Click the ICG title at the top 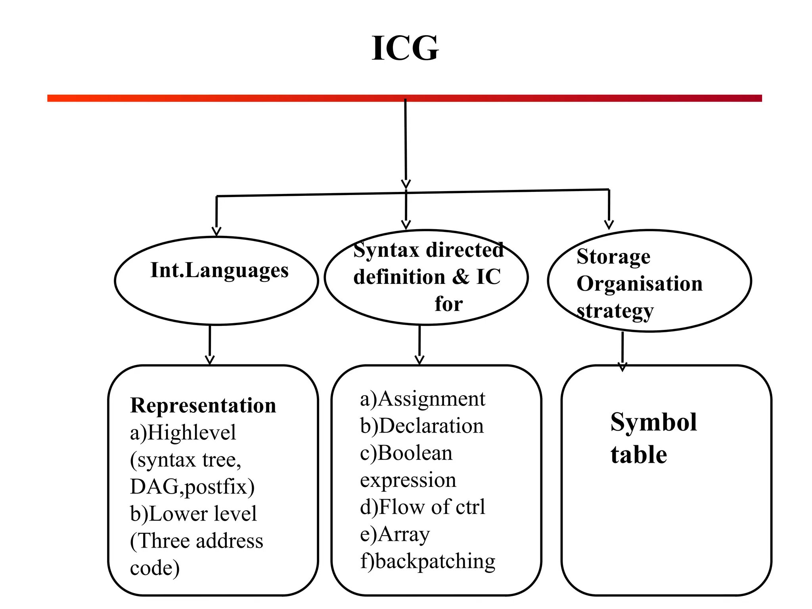(405, 48)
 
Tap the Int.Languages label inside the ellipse (219, 271)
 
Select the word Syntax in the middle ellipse (386, 251)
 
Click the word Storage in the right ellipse (613, 257)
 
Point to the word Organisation (639, 284)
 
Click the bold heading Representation (203, 406)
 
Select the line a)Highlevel (183, 433)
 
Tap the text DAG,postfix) (192, 486)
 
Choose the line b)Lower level (193, 514)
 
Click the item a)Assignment (422, 399)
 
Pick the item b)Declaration (422, 426)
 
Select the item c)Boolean (406, 453)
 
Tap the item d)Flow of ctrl (422, 507)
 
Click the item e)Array (395, 534)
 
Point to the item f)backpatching (427, 561)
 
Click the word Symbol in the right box (653, 422)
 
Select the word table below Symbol (638, 455)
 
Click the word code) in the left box (155, 568)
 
